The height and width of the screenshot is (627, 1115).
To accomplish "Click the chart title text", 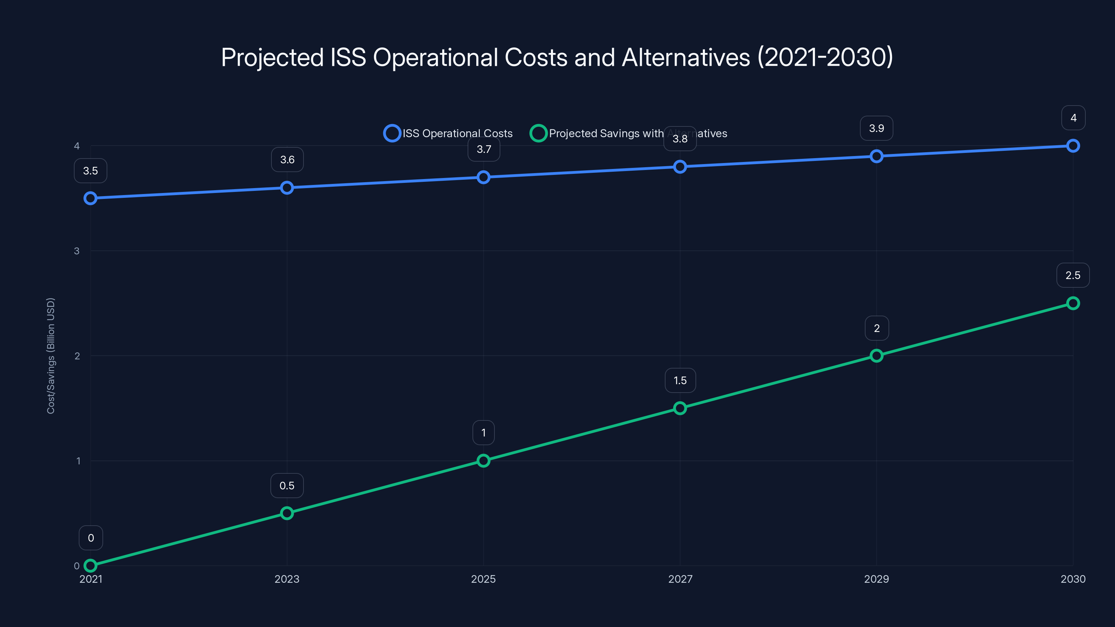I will point(557,57).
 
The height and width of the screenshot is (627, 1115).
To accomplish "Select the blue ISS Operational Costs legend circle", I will point(392,133).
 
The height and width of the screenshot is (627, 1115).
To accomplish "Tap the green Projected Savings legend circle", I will point(538,133).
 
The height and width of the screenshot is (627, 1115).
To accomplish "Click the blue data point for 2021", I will point(91,198).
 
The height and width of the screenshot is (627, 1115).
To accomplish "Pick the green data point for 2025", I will point(484,460).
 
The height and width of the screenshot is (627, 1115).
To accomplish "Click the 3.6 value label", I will point(287,160).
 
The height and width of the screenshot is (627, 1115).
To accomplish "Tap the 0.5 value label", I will point(287,486).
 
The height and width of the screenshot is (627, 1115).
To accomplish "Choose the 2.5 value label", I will point(1072,275).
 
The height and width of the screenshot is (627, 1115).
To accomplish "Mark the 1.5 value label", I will point(680,380).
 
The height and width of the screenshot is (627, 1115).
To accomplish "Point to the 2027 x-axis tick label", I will point(680,579).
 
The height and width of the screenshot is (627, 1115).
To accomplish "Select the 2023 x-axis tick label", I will point(287,579).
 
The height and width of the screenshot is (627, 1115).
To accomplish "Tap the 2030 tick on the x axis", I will point(1072,579).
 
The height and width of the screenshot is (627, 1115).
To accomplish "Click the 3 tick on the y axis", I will point(77,251).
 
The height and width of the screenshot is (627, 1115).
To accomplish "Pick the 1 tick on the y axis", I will point(78,461).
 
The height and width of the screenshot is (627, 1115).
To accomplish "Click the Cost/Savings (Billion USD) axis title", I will point(51,356).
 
